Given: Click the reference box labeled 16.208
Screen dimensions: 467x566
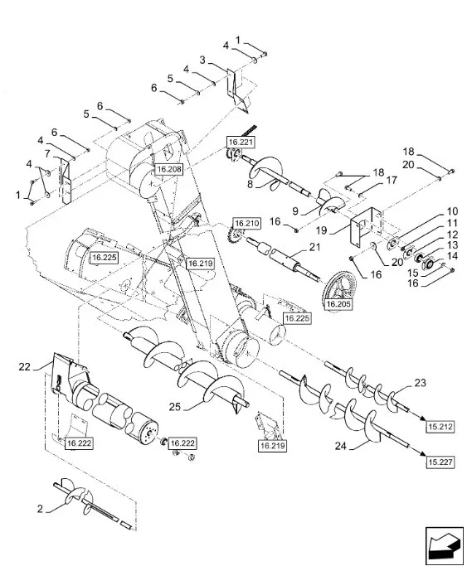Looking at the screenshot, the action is (169, 169).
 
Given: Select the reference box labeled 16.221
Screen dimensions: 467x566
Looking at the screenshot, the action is (241, 142).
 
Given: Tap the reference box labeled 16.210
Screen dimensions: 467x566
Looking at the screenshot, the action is (247, 224).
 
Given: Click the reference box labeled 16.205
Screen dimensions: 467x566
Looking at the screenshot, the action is (338, 304).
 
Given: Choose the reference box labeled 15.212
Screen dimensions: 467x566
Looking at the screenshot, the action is (440, 427).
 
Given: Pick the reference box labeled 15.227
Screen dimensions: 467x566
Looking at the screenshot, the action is (440, 462).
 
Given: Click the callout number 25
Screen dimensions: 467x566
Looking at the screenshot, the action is (175, 407).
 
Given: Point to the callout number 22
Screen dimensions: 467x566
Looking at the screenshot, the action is (25, 367).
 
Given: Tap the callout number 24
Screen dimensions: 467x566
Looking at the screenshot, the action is (341, 446).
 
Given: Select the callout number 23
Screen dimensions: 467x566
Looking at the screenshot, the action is (420, 383).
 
